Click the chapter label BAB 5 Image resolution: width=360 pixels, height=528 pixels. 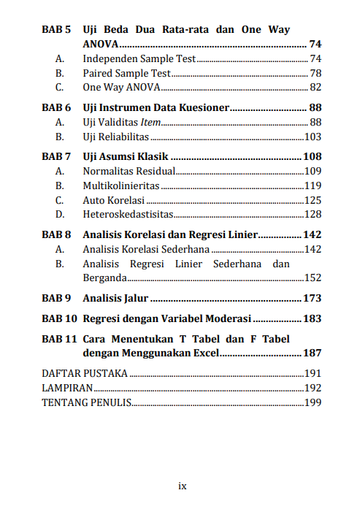(55, 30)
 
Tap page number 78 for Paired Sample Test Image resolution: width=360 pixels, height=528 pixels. (315, 73)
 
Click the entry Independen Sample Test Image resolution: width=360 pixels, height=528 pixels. (139, 58)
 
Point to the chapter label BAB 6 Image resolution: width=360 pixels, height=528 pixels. (55, 108)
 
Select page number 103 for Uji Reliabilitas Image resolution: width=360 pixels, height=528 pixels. (313, 137)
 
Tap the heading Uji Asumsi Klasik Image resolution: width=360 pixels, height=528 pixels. (126, 157)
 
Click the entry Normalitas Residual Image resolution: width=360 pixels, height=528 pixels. (129, 171)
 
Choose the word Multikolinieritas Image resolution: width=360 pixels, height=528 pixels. (120, 185)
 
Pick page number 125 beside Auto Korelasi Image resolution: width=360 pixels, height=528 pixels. (313, 199)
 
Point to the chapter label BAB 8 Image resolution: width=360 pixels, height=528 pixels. (55, 235)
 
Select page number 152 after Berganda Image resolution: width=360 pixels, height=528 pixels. (313, 278)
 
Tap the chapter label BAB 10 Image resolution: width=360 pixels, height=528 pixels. (58, 319)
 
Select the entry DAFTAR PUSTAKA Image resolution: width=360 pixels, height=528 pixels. (84, 374)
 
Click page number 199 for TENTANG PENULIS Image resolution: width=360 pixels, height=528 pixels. (313, 402)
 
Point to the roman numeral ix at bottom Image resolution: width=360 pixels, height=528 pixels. (183, 486)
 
